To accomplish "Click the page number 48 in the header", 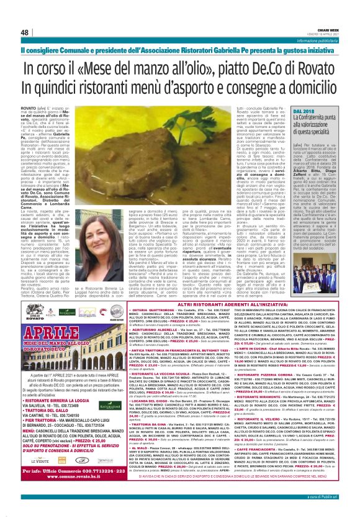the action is coord(25,32).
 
